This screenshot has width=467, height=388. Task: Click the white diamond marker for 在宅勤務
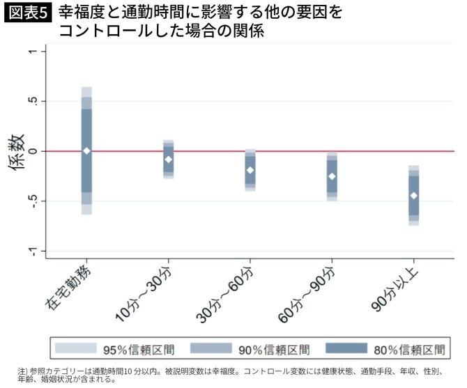coord(86,150)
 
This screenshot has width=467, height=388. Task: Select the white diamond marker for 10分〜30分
coord(168,160)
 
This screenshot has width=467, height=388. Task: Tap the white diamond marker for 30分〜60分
coord(250,170)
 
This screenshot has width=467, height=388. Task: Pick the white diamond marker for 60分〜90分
coord(332,176)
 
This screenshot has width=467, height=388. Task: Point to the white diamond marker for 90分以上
coord(414,195)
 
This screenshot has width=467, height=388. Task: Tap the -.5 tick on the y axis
coord(38,201)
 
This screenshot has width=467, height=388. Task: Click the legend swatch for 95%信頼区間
coord(75,348)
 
